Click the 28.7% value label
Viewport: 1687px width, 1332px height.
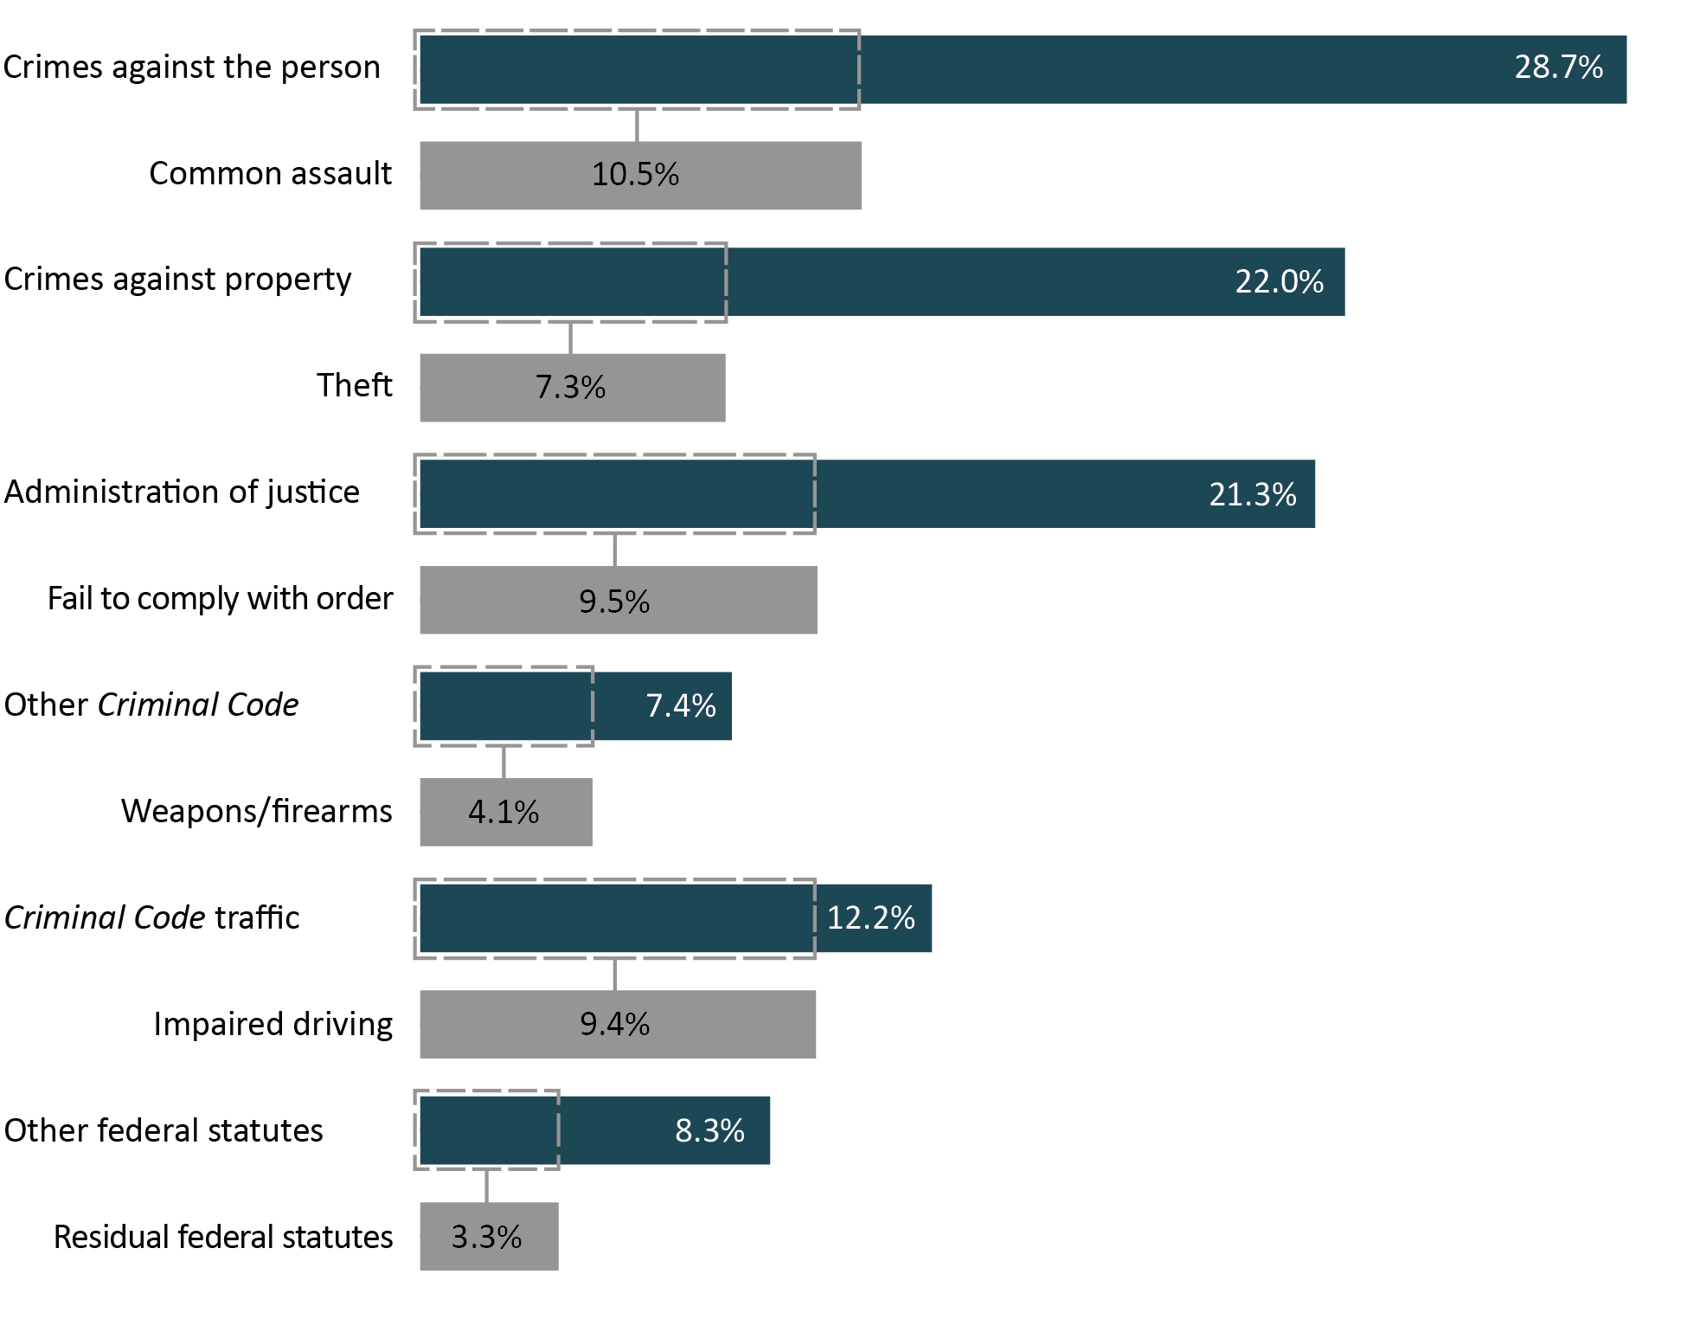tap(1558, 68)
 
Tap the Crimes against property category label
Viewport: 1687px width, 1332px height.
tap(177, 280)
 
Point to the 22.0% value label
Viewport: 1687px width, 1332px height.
tap(1279, 282)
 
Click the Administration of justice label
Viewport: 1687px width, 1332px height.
tap(182, 492)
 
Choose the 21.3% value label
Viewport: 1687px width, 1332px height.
tap(1252, 494)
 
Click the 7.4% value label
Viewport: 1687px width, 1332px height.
tap(681, 706)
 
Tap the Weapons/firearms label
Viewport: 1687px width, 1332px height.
tap(256, 812)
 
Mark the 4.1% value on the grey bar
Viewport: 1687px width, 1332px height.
tap(504, 813)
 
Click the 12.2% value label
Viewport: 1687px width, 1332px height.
tap(870, 918)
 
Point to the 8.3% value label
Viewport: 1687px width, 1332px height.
tap(709, 1131)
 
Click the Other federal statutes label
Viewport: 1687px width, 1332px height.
tap(164, 1131)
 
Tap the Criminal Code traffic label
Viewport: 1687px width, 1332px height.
tap(152, 918)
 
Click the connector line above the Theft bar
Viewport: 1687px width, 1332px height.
tap(570, 338)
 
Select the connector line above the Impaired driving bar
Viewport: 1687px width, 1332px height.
tap(614, 975)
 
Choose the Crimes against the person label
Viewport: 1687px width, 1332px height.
tap(191, 68)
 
